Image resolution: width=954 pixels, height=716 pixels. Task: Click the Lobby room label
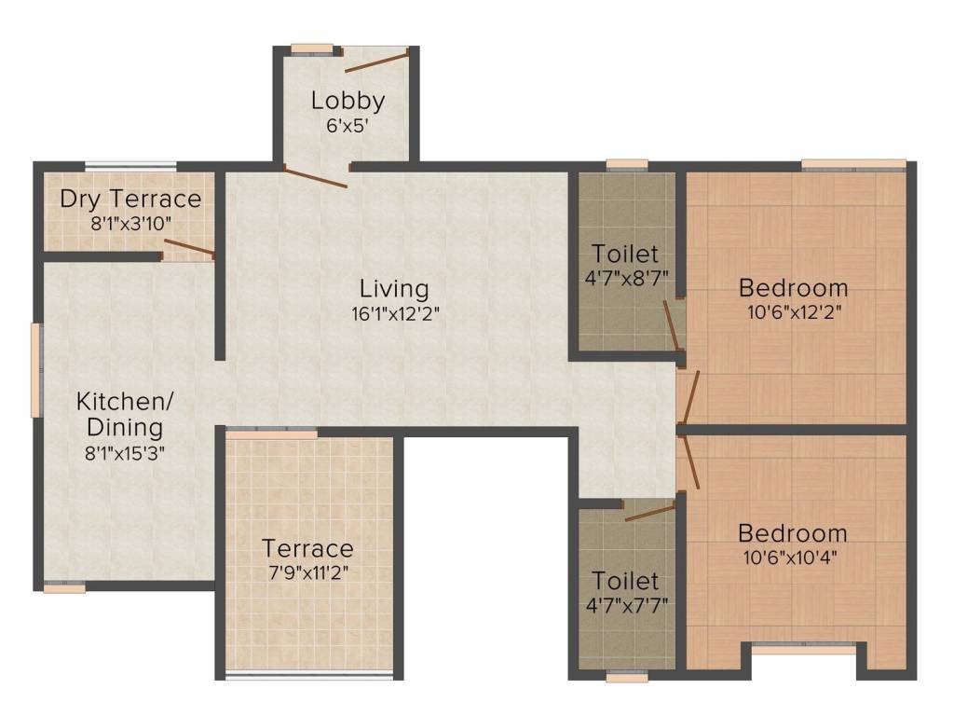[x=348, y=100]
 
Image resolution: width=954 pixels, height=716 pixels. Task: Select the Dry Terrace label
[x=129, y=199]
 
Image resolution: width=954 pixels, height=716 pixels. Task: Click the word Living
[x=396, y=289]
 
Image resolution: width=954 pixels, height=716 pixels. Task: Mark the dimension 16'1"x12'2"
[x=396, y=314]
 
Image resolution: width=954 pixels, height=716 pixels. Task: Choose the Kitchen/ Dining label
[x=124, y=415]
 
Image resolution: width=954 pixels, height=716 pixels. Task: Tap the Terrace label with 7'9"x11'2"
[x=307, y=547]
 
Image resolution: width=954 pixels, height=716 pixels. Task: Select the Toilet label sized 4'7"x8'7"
[x=625, y=253]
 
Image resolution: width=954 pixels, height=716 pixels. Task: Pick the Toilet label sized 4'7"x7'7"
[x=625, y=581]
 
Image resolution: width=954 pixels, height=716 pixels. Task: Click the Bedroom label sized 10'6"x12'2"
[x=793, y=286]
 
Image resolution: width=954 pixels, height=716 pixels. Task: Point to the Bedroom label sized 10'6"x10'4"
[x=793, y=533]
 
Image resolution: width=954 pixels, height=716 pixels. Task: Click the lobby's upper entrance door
[x=375, y=62]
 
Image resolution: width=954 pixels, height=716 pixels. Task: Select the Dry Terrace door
[x=189, y=248]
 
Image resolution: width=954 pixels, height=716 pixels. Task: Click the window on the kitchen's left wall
[x=36, y=369]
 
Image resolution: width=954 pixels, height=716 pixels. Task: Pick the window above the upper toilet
[x=626, y=165]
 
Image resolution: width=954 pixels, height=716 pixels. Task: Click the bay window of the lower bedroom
[x=804, y=648]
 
